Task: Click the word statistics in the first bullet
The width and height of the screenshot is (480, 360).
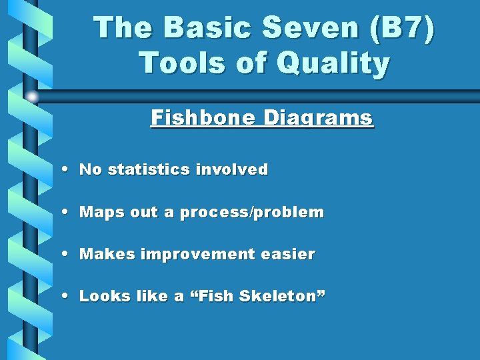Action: tap(149, 170)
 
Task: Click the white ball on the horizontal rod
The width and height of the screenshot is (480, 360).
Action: tap(31, 97)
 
